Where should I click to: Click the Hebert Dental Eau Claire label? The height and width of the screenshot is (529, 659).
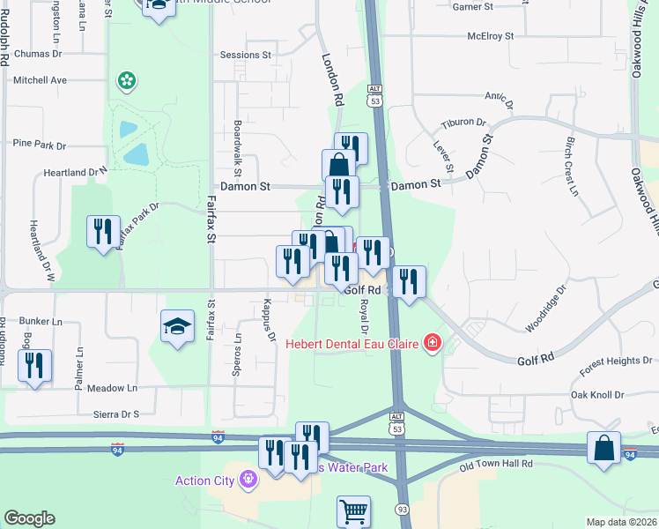352,343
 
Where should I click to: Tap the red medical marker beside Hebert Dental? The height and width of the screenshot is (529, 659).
432,342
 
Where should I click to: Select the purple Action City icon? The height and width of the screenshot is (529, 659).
249,480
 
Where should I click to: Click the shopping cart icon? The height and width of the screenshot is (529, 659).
353,510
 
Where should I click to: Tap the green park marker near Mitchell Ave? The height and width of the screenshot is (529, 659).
127,81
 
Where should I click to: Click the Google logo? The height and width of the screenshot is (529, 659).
29,518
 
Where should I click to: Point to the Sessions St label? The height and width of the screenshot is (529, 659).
245,55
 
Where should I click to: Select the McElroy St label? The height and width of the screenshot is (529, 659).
491,36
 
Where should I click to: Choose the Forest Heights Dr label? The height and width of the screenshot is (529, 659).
616,360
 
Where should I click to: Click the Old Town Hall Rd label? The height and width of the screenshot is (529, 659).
497,464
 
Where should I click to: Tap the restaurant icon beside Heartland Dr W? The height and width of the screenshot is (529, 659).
103,232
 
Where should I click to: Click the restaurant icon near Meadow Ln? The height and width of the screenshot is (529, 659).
34,366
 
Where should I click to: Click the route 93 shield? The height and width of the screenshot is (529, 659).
402,509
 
